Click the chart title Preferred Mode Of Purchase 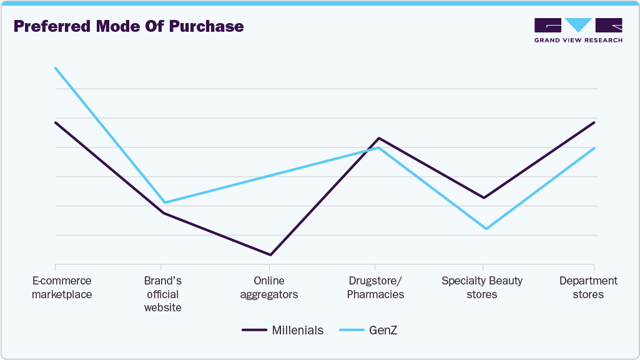coord(129,27)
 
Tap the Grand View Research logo coord(578,30)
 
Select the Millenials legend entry coord(283,330)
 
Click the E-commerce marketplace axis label coord(62,288)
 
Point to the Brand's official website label coord(162,294)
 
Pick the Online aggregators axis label coord(269,288)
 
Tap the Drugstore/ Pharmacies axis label coord(375,288)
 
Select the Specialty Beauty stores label coord(482,288)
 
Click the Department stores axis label coord(588,288)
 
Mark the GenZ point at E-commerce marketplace coord(56,68)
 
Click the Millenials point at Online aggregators coord(270,255)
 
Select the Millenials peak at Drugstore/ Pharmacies coord(378,138)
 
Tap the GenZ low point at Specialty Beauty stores coord(486,228)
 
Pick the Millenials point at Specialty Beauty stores coord(483,198)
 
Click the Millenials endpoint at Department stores coord(594,122)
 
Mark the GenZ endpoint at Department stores coord(594,148)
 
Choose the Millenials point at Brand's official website coord(163,213)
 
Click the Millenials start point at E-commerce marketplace coord(56,122)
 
